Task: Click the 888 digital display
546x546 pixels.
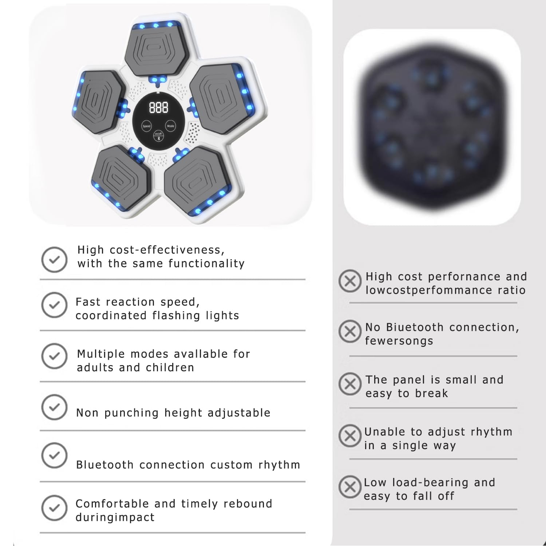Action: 159,108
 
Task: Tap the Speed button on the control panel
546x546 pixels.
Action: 146,126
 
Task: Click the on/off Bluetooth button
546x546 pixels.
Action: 158,136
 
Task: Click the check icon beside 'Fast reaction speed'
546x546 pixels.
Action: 54,305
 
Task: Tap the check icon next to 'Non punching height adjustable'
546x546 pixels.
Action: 54,407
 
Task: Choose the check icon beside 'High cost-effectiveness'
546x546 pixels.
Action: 54,260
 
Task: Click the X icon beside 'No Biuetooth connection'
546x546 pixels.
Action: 350,331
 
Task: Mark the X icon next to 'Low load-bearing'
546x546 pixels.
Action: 350,487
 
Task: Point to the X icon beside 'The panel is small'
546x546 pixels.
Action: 350,384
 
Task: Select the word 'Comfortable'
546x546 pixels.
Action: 112,504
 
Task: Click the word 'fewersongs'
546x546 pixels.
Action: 399,341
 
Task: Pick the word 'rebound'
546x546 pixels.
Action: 248,504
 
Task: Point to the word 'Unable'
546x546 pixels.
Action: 385,432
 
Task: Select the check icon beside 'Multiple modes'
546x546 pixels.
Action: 54,356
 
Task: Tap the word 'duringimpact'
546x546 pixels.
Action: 115,518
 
